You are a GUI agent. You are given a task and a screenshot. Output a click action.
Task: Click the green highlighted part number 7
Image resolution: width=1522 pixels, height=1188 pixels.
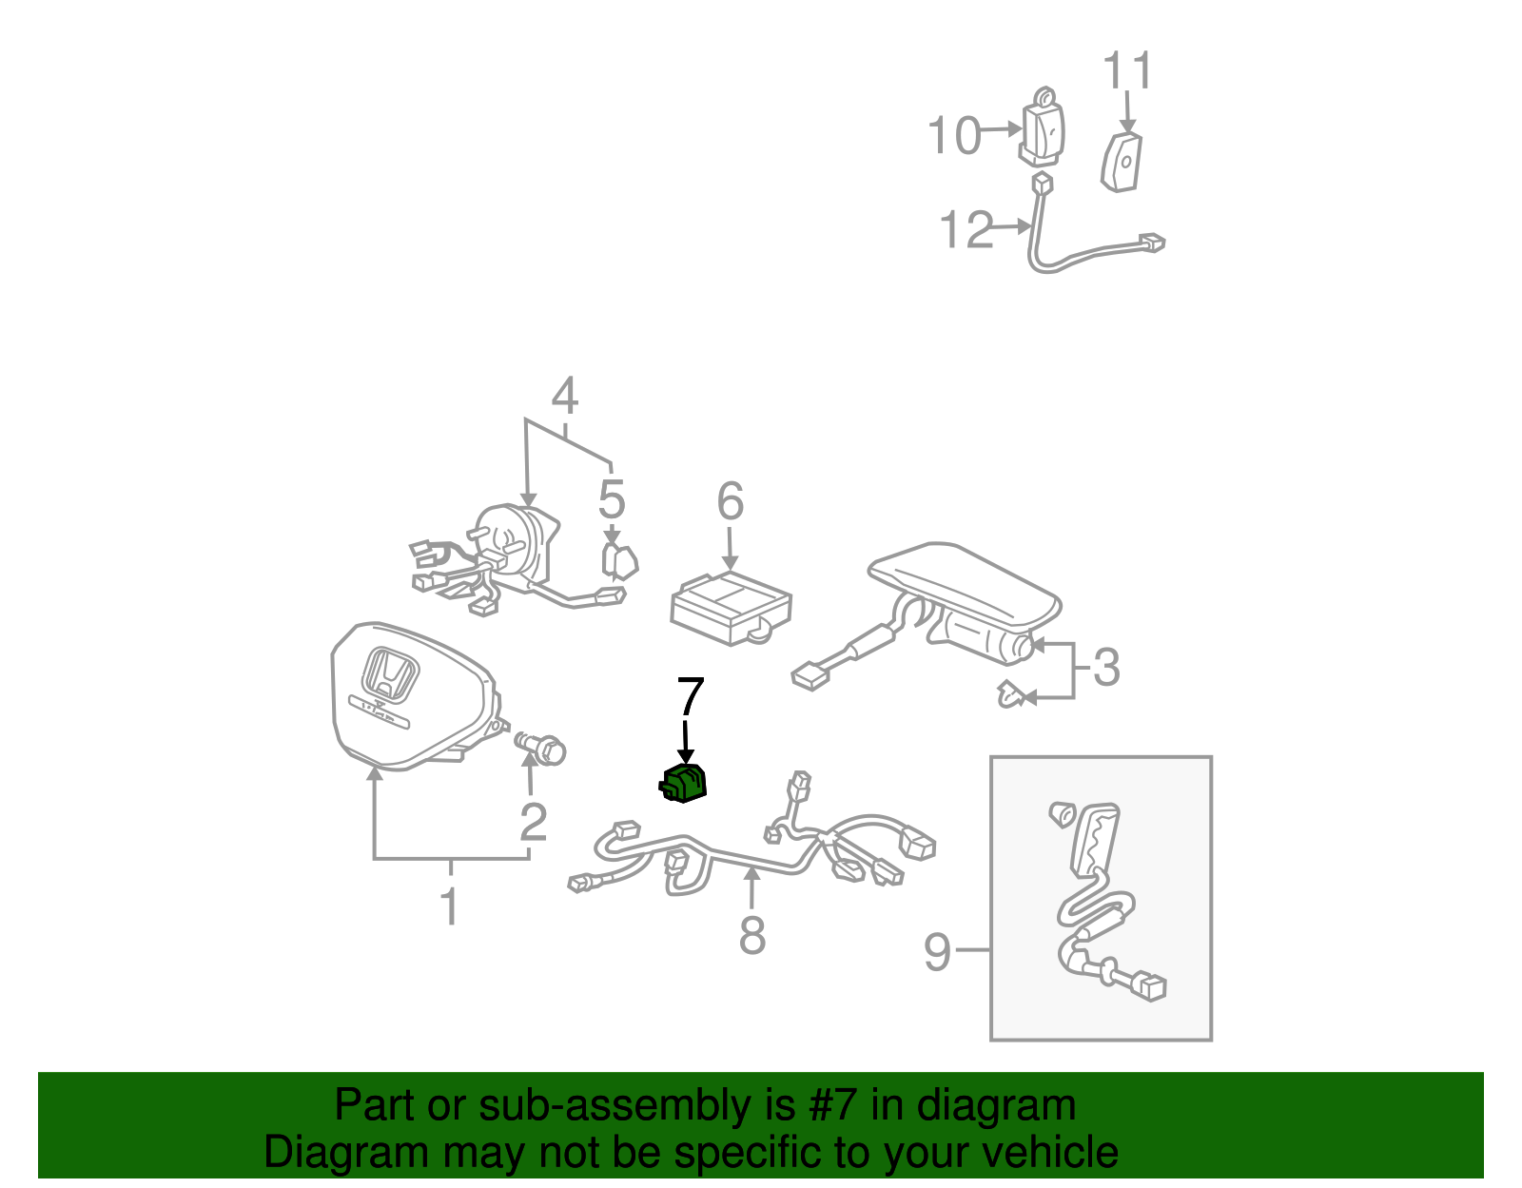685,784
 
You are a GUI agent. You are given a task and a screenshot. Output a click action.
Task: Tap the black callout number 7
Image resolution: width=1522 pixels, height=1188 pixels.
690,697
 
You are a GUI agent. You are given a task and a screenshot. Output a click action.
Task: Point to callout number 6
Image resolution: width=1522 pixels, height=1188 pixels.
730,501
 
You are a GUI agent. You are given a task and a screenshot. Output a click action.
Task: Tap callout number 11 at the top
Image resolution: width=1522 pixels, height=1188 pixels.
1127,71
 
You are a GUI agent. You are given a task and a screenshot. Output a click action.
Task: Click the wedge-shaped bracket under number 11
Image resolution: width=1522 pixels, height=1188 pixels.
1122,162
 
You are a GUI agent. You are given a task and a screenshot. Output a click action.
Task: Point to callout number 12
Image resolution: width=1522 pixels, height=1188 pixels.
966,230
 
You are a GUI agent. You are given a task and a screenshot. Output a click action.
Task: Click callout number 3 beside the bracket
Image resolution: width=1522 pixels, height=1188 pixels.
1105,668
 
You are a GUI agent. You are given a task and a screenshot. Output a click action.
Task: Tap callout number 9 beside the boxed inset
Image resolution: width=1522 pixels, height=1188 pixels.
938,950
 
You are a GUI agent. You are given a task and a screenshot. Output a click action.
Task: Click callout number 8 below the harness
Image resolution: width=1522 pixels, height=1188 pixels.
751,936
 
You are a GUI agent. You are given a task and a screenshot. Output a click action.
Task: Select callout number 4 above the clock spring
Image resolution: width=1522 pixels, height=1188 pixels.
564,396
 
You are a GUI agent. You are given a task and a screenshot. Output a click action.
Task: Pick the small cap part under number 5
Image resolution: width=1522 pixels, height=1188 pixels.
618,560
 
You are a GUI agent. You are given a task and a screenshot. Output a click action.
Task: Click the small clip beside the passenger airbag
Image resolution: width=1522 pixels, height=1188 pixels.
1014,695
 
